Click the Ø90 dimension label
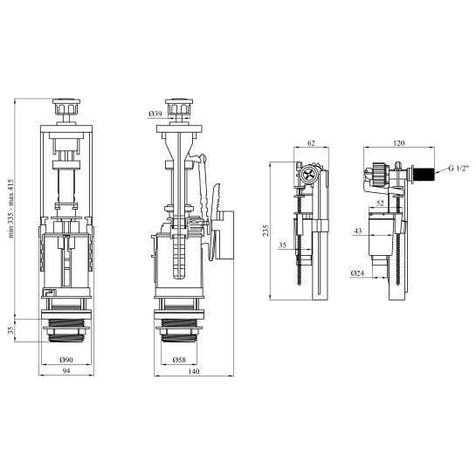66,360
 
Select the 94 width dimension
66,370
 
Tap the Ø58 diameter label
179,360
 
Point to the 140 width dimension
194,371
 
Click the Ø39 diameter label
155,114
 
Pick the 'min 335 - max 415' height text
11,208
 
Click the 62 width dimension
311,142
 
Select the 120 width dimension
398,142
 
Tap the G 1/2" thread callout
459,168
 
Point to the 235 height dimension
266,231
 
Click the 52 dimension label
380,204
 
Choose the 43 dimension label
358,231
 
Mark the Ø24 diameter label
357,272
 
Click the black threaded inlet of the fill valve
424,173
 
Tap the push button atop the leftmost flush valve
66,107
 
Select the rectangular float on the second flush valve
224,235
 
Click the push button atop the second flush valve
179,107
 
